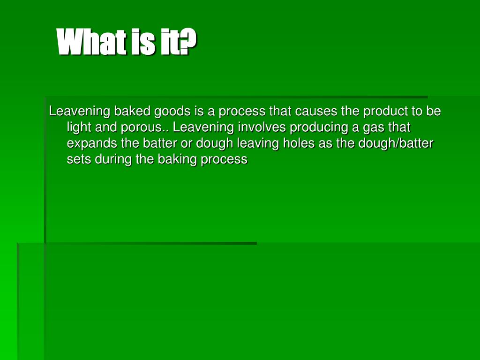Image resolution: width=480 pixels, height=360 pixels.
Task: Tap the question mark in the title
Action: click(x=188, y=42)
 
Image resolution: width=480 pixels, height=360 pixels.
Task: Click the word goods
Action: click(x=172, y=112)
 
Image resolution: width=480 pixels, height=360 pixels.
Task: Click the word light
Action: click(x=79, y=127)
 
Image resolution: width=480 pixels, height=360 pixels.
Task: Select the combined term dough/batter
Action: click(x=396, y=143)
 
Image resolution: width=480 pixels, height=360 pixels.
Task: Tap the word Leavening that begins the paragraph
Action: click(x=80, y=112)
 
